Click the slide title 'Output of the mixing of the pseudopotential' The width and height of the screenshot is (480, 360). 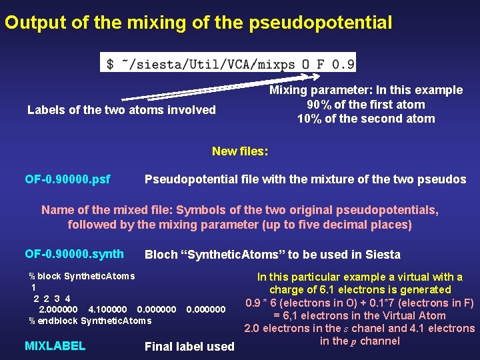(198, 23)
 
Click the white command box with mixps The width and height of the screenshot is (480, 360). (228, 63)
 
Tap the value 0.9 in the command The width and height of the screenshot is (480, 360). (343, 63)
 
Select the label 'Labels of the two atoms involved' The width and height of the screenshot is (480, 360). (121, 110)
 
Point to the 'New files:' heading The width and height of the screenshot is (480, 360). (240, 151)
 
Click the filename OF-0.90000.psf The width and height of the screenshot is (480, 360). (67, 179)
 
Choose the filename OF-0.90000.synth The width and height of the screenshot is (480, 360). (74, 254)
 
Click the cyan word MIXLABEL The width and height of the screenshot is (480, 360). (55, 346)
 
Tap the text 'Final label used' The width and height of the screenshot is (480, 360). (189, 347)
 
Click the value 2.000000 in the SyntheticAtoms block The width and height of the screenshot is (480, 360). (59, 310)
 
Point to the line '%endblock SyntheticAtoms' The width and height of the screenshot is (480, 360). (90, 321)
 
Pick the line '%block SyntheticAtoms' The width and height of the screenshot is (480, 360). (81, 276)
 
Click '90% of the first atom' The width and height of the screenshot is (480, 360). (365, 105)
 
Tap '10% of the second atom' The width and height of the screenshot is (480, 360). (365, 119)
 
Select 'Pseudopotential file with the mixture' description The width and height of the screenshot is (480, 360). (305, 180)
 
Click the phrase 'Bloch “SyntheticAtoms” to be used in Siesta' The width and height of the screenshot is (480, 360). (272, 255)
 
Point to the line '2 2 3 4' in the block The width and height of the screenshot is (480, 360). (52, 299)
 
